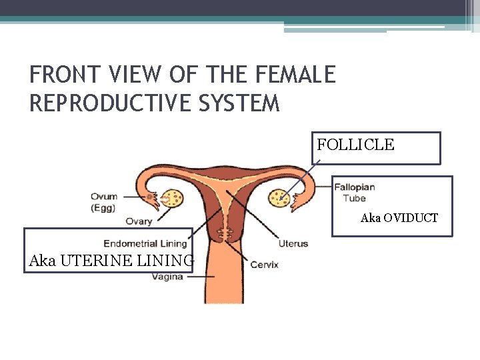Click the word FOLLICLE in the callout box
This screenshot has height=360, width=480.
click(355, 145)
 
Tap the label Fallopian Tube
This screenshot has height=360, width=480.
click(354, 192)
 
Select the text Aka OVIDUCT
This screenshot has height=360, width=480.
click(399, 218)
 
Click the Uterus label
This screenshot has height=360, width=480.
click(293, 243)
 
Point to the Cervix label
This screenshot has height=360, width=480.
click(264, 265)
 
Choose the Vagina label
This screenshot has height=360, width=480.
click(167, 276)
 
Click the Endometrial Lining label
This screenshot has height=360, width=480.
click(145, 243)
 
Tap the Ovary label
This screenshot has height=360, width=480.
click(139, 221)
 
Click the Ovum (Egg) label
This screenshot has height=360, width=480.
click(104, 201)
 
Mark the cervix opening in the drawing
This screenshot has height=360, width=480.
click(224, 235)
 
